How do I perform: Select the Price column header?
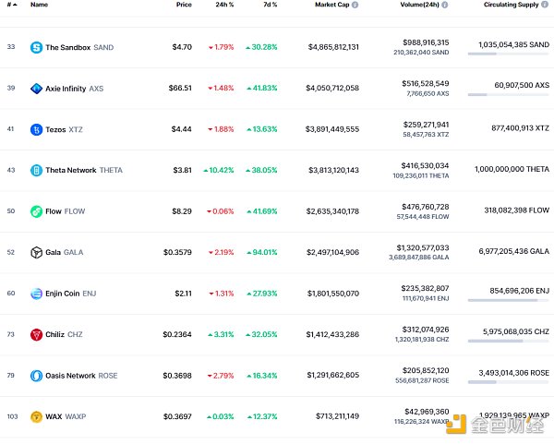[184, 5]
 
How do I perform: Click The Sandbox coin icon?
[37, 47]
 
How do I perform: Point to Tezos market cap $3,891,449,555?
[332, 129]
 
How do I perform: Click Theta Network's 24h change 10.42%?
[220, 170]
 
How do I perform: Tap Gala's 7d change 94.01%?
[261, 252]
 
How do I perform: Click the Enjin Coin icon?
[37, 294]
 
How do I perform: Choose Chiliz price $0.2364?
[175, 334]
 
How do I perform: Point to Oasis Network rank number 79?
[11, 376]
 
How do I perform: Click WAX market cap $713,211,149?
[335, 416]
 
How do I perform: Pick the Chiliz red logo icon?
[37, 334]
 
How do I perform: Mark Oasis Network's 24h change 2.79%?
[220, 376]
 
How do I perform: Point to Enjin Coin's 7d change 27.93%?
[261, 294]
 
